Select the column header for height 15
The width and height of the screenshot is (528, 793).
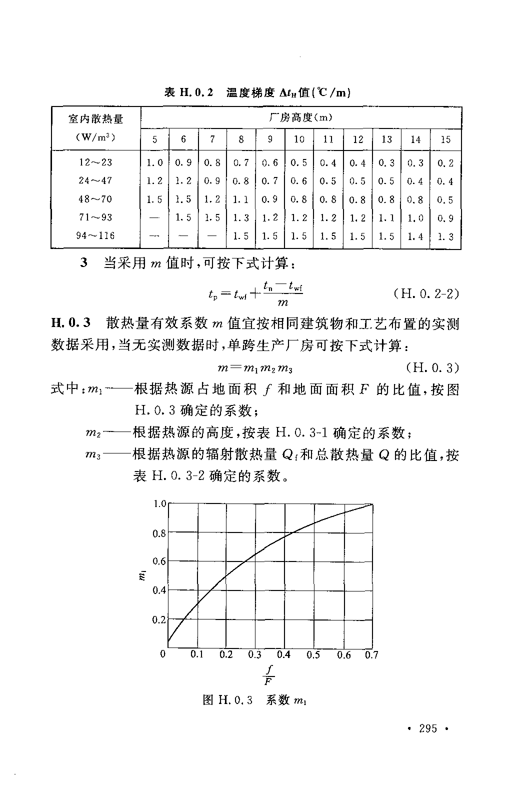point(445,139)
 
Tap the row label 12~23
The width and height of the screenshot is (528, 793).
point(95,162)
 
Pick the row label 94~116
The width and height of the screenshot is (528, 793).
point(95,235)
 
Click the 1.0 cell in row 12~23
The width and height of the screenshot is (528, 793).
point(155,162)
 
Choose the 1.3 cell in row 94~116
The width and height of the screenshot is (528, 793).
point(445,236)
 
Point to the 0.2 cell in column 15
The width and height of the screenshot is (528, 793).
point(445,163)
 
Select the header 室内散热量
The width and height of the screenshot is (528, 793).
point(95,118)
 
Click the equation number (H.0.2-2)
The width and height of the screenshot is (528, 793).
point(426,293)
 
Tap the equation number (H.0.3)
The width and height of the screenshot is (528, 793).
point(433,368)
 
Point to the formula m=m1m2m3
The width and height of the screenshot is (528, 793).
point(255,368)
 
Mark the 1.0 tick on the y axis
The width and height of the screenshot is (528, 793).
point(159,503)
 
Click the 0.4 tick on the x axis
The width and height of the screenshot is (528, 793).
point(283,654)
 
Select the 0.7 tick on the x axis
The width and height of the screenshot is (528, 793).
point(371,654)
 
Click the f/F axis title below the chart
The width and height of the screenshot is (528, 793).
point(269,674)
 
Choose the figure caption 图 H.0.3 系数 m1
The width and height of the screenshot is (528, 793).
point(254,700)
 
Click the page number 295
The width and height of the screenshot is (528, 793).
point(428,728)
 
